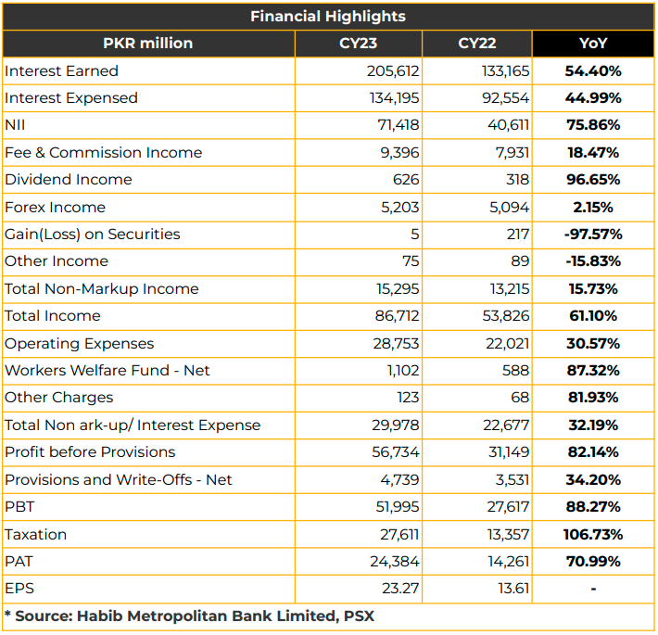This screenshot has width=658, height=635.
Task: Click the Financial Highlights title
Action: tap(328, 17)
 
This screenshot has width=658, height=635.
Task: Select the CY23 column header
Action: tap(358, 44)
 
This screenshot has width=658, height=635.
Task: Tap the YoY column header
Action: tap(593, 44)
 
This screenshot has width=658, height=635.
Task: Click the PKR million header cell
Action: tap(147, 44)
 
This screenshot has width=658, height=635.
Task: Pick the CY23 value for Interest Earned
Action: tap(393, 71)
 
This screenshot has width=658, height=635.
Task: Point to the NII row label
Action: tap(15, 125)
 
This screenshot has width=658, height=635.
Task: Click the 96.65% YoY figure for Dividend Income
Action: tap(593, 180)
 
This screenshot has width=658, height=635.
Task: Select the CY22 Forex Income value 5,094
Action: tap(509, 208)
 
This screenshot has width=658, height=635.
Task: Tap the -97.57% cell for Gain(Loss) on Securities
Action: tap(593, 235)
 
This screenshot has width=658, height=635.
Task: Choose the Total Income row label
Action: tap(53, 315)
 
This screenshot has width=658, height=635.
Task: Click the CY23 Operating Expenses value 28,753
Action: tap(396, 343)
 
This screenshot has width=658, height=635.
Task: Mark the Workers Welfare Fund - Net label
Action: tap(107, 370)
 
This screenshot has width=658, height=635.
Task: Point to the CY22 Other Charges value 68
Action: tap(520, 397)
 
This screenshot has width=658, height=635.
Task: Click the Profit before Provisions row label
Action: tap(90, 452)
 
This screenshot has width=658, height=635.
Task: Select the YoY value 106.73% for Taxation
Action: tap(593, 534)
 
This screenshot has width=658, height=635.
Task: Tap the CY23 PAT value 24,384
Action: tap(395, 561)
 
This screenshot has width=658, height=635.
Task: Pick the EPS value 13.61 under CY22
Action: tap(513, 589)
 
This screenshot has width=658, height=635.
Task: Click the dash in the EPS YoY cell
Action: tap(593, 590)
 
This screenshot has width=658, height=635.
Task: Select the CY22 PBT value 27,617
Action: tap(508, 506)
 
